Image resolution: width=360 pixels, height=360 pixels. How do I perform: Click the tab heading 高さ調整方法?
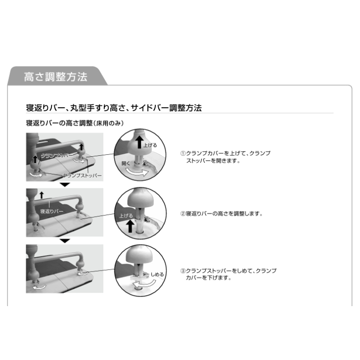56,77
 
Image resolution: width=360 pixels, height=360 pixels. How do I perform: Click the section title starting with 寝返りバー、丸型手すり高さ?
114,108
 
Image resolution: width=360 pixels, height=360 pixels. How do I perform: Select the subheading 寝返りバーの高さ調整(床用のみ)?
75,123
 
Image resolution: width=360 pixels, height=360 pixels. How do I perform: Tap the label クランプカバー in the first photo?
57,155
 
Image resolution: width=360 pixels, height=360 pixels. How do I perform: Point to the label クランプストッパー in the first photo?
82,176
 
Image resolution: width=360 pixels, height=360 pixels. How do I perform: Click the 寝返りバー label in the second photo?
51,211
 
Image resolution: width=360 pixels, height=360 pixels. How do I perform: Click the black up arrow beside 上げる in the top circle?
139,142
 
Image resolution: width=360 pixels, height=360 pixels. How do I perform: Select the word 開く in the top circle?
126,164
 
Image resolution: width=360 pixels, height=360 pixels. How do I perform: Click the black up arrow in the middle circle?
130,226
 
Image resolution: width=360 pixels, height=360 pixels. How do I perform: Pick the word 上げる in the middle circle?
126,216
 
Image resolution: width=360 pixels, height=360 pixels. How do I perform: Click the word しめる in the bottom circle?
157,274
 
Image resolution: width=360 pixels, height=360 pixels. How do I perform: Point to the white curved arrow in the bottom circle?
144,285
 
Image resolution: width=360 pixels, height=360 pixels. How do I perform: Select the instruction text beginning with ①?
225,157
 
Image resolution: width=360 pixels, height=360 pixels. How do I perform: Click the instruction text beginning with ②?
222,214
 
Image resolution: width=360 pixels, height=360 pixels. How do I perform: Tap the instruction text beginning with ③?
228,274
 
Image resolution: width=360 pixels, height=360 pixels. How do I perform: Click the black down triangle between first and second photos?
65,184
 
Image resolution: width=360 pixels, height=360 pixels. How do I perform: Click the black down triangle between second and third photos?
65,241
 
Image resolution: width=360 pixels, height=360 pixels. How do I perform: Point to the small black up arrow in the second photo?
42,195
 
